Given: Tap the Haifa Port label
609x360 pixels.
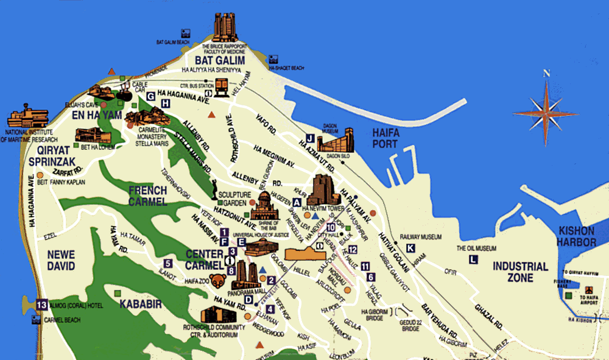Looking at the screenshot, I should (385, 138).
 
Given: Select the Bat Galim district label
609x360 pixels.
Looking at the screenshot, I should (220, 60).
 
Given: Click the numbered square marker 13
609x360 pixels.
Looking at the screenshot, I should (41, 305).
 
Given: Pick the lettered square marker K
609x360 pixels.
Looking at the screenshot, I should (410, 247).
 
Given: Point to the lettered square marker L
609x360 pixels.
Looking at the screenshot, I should (473, 259).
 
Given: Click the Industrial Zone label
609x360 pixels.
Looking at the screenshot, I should (520, 272).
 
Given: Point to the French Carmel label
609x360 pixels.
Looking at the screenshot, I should (147, 196).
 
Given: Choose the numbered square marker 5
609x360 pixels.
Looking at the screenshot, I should (167, 263).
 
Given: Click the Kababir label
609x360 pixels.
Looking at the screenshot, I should (141, 303).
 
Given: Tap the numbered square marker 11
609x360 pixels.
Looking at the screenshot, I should (365, 266).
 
